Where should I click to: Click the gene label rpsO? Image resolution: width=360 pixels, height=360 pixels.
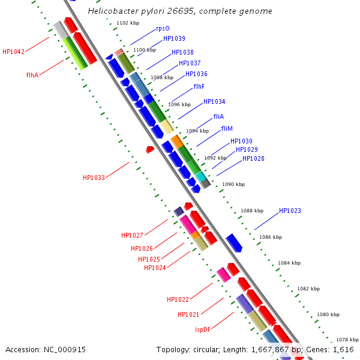tap(163, 28)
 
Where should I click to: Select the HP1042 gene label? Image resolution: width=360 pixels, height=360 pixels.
tap(13, 52)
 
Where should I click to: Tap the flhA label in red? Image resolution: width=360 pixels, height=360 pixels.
tap(32, 76)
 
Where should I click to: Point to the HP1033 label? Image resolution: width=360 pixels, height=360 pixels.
tap(94, 178)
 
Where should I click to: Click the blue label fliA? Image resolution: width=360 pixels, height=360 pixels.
tap(218, 116)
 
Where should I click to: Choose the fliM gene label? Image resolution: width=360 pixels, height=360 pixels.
tap(227, 129)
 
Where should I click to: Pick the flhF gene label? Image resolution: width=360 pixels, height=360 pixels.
tap(199, 87)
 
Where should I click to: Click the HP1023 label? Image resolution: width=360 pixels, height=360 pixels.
tap(290, 211)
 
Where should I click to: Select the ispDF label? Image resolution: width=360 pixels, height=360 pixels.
tap(203, 329)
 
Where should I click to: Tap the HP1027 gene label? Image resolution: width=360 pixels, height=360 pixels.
tap(132, 236)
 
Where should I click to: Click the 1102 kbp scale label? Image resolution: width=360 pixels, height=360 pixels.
tap(128, 23)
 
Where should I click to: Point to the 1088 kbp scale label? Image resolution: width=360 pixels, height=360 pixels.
tap(252, 211)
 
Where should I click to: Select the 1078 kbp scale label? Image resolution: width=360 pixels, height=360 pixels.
tap(347, 340)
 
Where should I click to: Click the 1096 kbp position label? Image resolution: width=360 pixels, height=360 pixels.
tap(179, 104)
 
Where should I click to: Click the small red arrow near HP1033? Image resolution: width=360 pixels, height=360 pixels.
tap(150, 149)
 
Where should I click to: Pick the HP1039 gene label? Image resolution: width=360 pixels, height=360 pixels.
tap(174, 39)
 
